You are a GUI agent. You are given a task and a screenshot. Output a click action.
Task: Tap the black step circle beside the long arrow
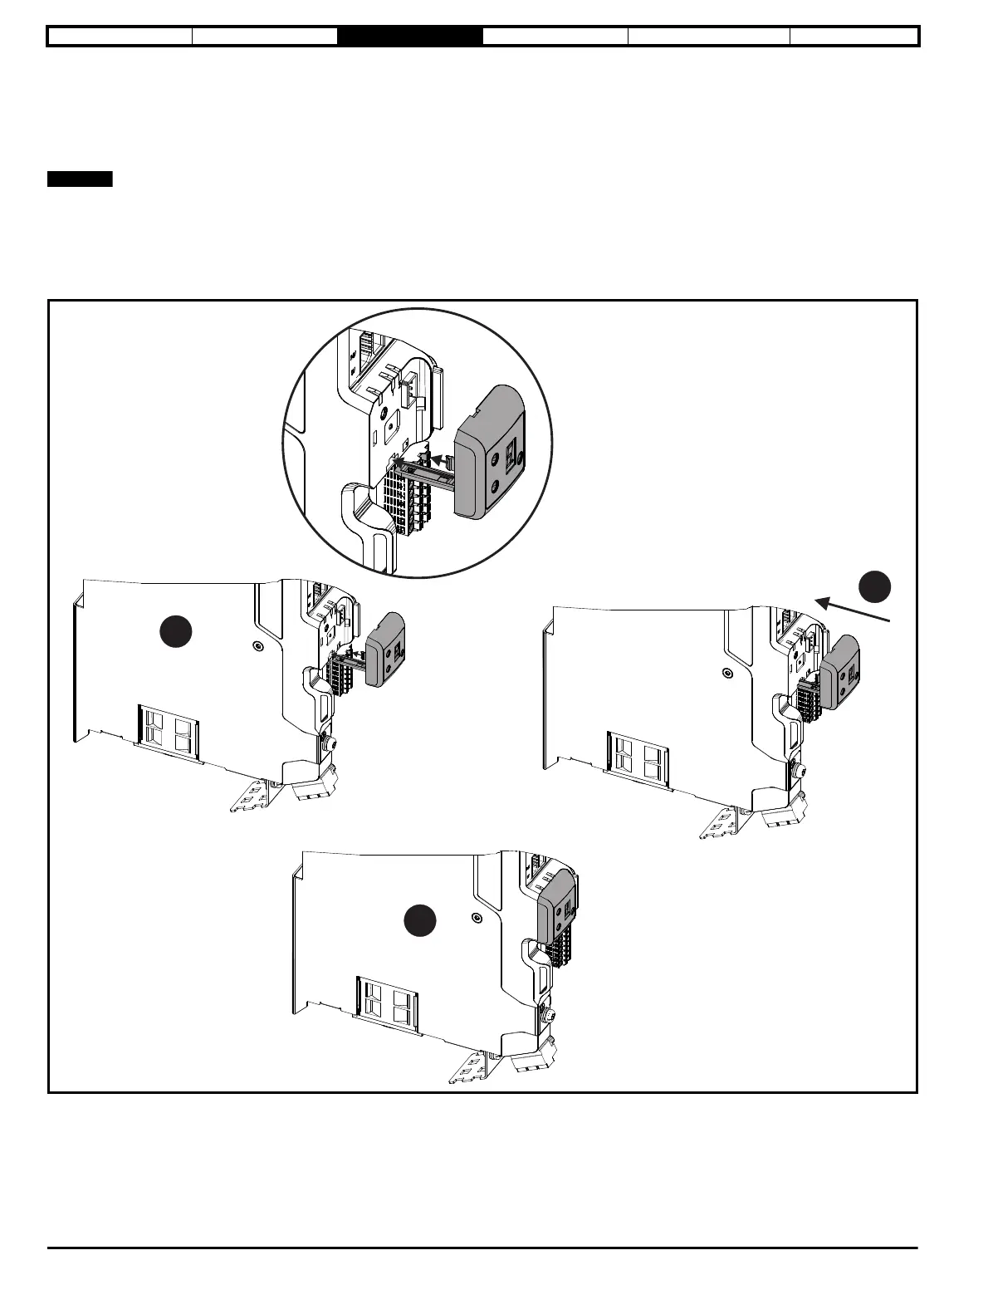click(874, 586)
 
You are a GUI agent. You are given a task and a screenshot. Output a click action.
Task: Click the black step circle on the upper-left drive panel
click(176, 632)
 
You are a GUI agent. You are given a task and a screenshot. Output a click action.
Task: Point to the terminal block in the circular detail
click(409, 498)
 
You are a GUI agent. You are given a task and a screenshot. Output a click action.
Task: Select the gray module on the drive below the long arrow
click(841, 672)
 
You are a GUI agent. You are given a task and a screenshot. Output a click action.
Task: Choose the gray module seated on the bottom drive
click(558, 906)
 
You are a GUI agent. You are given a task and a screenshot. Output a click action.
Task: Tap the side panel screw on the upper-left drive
click(257, 645)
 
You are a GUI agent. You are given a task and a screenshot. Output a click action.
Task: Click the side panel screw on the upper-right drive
click(727, 673)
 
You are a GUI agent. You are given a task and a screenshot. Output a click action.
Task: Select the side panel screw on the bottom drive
click(476, 917)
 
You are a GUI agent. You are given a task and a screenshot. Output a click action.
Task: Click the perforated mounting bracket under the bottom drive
click(472, 1068)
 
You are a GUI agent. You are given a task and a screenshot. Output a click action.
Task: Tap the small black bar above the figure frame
click(80, 179)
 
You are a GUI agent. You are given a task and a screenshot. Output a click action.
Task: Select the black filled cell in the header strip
click(410, 37)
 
